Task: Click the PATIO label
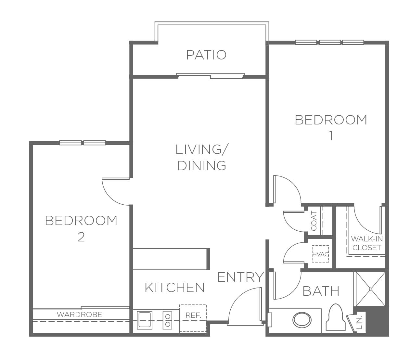coord(206,55)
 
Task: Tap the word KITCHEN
coord(175,288)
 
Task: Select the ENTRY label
coord(241,277)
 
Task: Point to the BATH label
coord(321,291)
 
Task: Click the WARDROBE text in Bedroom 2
coord(79,315)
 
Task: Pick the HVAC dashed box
coord(320,254)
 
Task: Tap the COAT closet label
coord(314,221)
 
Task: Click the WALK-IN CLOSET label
coord(367,243)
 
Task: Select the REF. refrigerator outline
coord(193,318)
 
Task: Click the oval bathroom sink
coord(302,320)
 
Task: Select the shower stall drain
coord(371,289)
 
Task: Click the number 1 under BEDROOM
coord(331,136)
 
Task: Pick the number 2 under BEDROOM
coord(81,237)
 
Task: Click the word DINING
coord(202,166)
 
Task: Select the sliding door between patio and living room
coord(211,76)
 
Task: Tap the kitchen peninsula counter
coord(171,259)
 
